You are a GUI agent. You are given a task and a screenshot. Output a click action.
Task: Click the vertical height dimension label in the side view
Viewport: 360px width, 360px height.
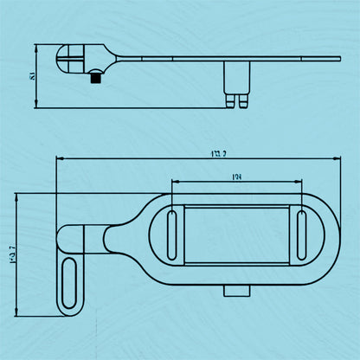(32, 78)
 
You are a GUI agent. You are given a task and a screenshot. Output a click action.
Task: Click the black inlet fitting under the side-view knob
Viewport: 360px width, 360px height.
(94, 77)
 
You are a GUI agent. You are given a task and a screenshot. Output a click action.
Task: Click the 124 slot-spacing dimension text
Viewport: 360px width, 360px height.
(236, 177)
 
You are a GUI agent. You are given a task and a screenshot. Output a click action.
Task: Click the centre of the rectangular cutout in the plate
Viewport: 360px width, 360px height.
(236, 234)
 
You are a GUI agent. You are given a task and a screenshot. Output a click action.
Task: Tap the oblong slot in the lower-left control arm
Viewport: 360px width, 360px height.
(69, 282)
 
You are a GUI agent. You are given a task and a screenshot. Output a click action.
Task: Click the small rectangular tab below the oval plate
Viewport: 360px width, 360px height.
(233, 289)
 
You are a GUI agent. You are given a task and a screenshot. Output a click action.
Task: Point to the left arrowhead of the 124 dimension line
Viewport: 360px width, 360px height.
(174, 183)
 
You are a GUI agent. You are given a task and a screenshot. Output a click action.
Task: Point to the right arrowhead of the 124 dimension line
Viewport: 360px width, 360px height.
(300, 183)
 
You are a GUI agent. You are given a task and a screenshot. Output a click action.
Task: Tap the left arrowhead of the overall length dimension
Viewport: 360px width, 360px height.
(58, 159)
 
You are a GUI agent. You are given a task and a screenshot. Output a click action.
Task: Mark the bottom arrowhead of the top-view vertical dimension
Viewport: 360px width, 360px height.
(18, 315)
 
